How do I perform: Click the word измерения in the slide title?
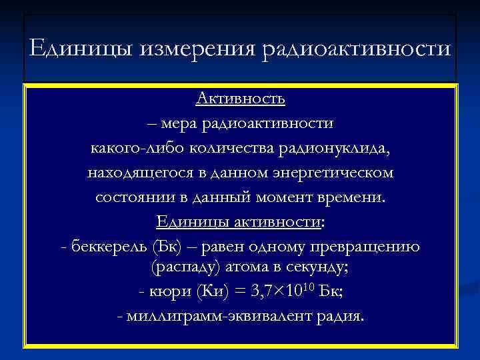click(x=199, y=49)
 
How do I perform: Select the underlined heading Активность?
click(x=241, y=99)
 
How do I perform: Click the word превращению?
click(x=365, y=247)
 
